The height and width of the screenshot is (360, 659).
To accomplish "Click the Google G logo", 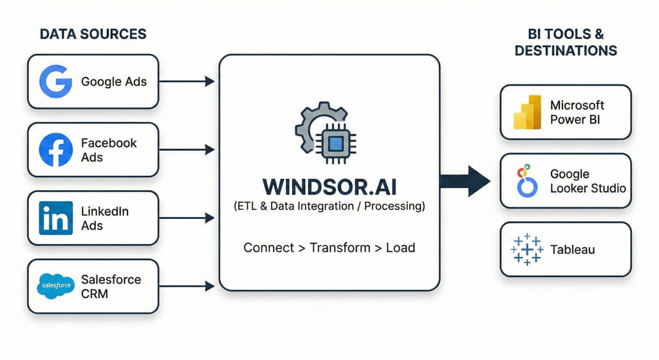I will point(55,82).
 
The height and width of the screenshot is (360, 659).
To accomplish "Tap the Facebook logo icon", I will point(55,150).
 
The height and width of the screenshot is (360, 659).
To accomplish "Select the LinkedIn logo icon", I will point(55,218).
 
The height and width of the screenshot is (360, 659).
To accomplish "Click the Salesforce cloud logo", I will point(55,286).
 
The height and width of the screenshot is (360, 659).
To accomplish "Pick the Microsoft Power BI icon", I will point(528,112).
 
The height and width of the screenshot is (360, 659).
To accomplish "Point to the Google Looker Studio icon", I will point(527,180).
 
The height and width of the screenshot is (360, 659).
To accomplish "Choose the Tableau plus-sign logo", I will point(527,249).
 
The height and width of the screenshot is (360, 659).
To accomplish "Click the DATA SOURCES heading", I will point(93,34).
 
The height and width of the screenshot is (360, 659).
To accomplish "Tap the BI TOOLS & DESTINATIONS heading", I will point(566,42).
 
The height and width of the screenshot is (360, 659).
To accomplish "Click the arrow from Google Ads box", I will point(187,81).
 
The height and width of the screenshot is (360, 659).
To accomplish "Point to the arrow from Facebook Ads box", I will point(187,149).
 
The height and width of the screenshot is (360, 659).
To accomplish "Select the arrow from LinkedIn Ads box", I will point(187,218).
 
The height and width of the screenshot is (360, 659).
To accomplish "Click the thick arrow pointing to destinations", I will point(465,181).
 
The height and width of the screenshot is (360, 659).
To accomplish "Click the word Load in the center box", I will point(400,247).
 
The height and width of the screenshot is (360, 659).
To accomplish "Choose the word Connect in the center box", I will point(268,247).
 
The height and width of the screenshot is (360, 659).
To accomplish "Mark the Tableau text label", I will point(573,249).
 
